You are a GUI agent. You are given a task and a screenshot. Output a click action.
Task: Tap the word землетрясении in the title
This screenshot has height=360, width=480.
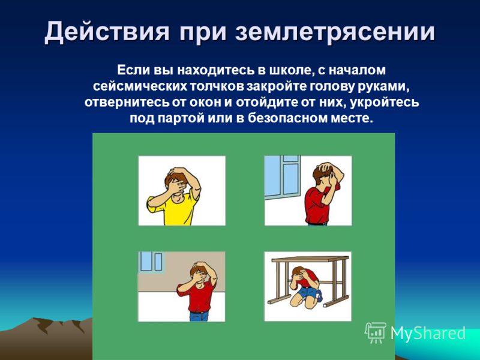pyautogui.click(x=335, y=32)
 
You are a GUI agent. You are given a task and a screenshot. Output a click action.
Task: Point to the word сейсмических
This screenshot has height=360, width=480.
pyautogui.click(x=140, y=86)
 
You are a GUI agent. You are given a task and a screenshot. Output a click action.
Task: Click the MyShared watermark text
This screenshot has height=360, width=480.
pyautogui.click(x=428, y=334)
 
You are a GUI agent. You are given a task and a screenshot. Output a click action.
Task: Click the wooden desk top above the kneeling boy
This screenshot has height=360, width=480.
pyautogui.click(x=310, y=259)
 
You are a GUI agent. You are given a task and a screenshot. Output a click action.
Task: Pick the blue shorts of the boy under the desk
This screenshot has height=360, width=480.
pyautogui.click(x=308, y=292)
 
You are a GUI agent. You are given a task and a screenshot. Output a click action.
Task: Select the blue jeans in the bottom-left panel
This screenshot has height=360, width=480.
pyautogui.click(x=199, y=316)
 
